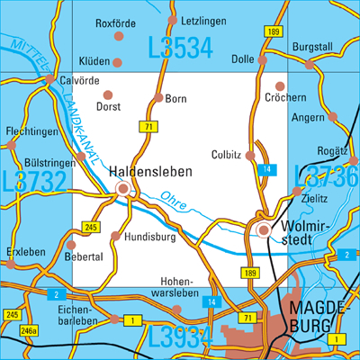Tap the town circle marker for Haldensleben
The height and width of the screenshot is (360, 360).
122,188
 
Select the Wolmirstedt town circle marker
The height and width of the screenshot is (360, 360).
263,231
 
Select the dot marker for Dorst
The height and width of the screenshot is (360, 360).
108,94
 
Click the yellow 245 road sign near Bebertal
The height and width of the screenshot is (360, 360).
90,228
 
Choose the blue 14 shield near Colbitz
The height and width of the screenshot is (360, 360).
265,170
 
